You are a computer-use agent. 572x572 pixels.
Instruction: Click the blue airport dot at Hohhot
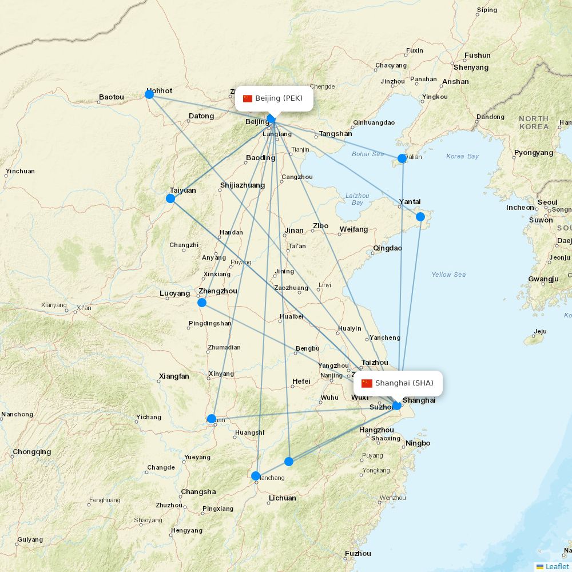pos(149,94)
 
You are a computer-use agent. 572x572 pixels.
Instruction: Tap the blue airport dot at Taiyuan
pos(170,198)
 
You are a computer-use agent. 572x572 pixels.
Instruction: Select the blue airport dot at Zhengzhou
pos(202,302)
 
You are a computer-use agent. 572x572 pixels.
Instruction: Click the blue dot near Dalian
pos(402,158)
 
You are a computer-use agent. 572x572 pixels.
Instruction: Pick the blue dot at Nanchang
pos(256,476)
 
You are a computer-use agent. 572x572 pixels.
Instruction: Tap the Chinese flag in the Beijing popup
pos(248,98)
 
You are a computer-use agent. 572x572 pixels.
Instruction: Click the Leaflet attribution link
pos(557,566)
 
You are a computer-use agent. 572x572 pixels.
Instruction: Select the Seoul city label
pos(547,202)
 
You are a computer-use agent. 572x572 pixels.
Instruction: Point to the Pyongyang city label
pos(534,153)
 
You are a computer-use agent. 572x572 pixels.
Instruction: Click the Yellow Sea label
pos(448,275)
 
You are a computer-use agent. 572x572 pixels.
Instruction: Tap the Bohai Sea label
pos(368,154)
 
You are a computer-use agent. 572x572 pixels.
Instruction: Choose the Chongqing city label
pos(32,452)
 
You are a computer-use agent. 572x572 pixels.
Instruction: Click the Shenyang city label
pos(471,67)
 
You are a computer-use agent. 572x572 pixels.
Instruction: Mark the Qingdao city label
pos(387,248)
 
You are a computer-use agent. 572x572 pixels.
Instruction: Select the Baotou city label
pos(111,97)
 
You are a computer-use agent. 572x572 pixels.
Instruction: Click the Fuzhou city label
pos(358,553)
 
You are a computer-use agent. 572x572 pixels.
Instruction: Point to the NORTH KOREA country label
pos(533,122)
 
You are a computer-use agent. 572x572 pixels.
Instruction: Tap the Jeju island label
pos(540,331)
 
